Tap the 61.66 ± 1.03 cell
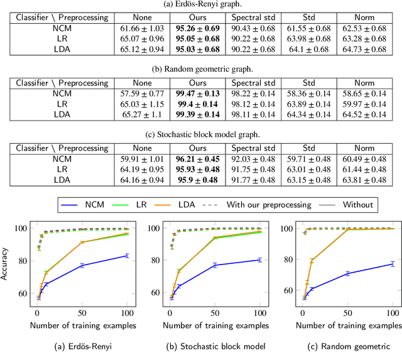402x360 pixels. [141, 30]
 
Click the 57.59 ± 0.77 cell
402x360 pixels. [141, 92]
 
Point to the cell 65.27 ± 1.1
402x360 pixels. [141, 115]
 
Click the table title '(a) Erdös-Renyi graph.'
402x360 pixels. [201, 5]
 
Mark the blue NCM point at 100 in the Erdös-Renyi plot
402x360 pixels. [127, 256]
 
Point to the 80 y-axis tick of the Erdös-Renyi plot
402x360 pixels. [24, 261]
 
